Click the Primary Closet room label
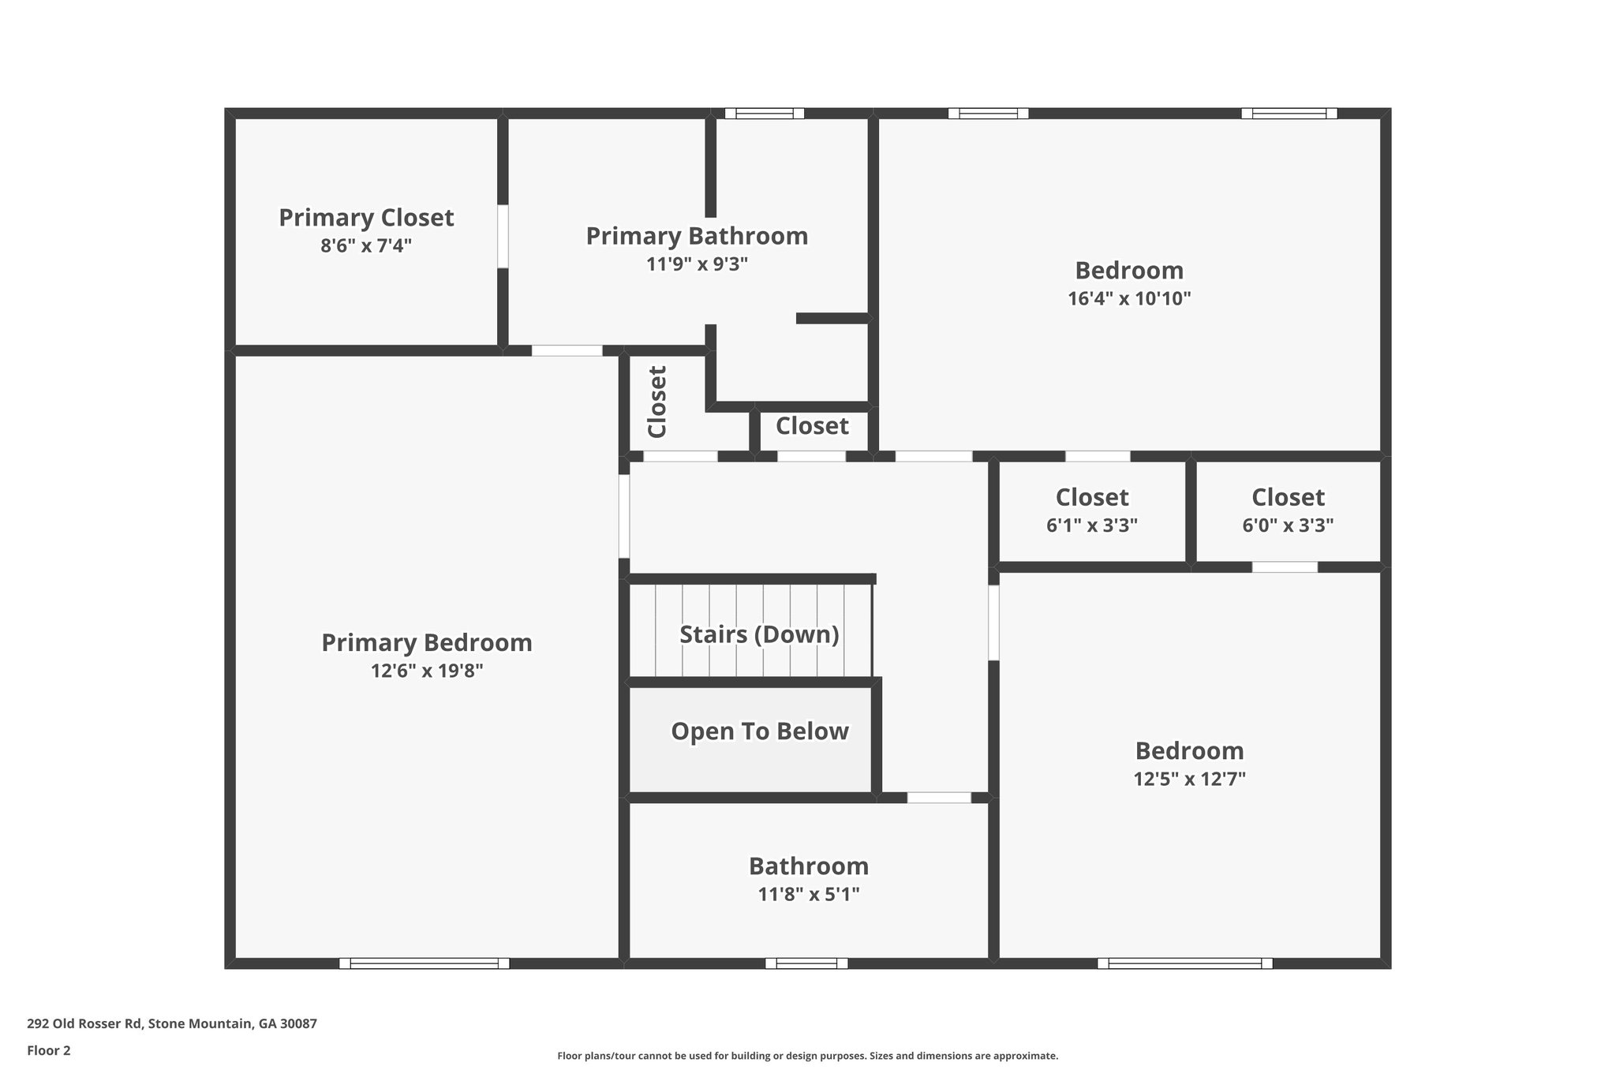click(x=366, y=218)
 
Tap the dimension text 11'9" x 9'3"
click(x=697, y=264)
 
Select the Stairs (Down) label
click(x=759, y=634)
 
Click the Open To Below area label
click(x=759, y=731)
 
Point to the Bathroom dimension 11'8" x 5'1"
click(x=808, y=894)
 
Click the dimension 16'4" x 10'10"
click(x=1128, y=299)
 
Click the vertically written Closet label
click(x=657, y=402)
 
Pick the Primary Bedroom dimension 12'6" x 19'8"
click(x=426, y=671)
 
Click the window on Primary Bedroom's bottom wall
click(x=425, y=963)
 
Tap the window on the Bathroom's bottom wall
click(x=806, y=963)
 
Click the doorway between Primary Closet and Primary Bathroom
click(x=503, y=237)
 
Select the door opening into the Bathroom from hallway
click(x=938, y=798)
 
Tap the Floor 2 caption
click(x=49, y=1051)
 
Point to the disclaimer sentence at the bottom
click(x=807, y=1056)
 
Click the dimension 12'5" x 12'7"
click(x=1189, y=780)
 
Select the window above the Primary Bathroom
click(x=764, y=114)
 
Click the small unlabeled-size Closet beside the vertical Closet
click(x=812, y=427)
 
